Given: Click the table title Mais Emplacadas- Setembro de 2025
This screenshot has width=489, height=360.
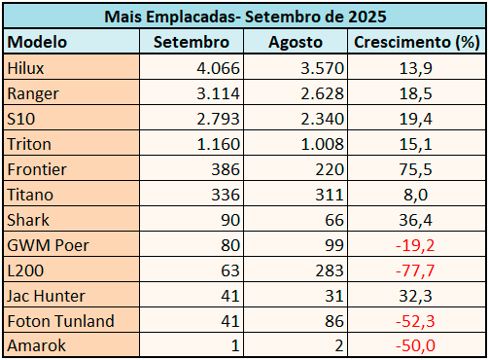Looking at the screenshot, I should (x=244, y=18).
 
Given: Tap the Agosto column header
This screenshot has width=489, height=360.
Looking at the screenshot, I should (x=296, y=43).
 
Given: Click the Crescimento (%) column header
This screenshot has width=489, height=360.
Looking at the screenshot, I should (x=417, y=43).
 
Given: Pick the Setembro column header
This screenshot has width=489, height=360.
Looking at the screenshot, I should (x=191, y=43).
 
